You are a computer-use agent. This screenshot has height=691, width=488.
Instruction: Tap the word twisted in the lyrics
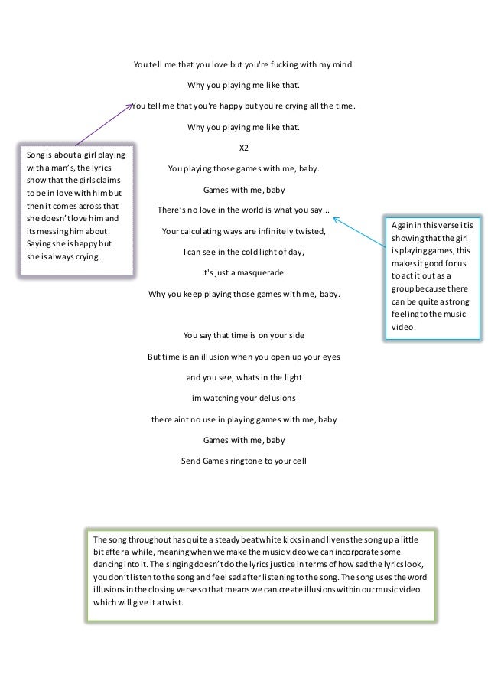coord(310,230)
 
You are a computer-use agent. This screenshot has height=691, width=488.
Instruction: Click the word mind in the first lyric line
coord(342,65)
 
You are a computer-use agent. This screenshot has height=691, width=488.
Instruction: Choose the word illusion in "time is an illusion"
coord(243,357)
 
